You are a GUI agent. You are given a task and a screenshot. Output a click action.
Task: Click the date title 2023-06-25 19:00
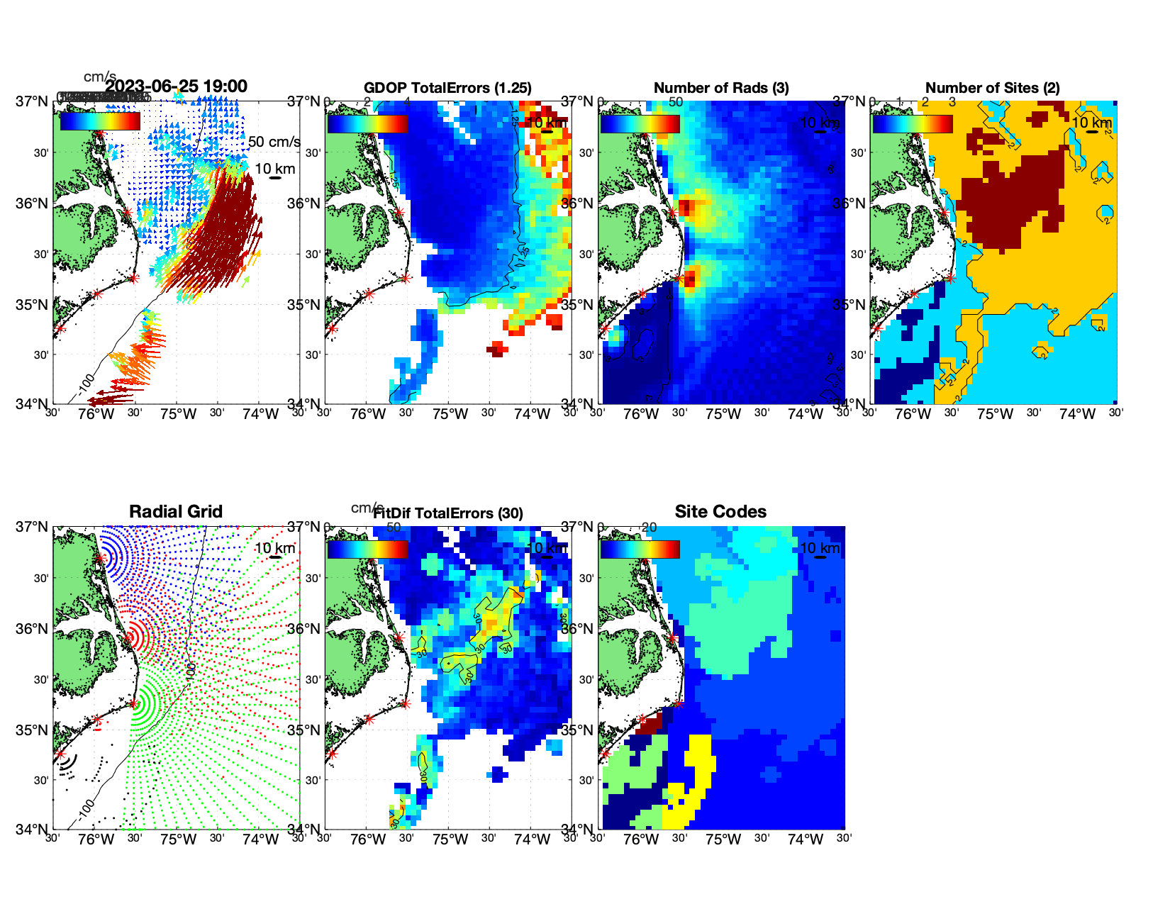tap(177, 87)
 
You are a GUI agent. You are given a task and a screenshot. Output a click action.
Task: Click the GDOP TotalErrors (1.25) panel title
tap(447, 88)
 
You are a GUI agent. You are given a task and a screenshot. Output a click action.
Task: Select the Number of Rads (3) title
tap(721, 88)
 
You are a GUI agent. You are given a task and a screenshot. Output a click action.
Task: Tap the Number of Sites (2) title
tap(993, 88)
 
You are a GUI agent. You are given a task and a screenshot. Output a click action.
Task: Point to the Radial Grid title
tap(176, 512)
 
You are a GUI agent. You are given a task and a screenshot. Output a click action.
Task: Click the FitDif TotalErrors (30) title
tap(448, 513)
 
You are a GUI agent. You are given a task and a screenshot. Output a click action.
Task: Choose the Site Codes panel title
tap(720, 512)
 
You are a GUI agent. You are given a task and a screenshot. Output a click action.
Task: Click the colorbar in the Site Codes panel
tap(640, 549)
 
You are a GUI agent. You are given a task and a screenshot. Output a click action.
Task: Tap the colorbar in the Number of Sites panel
tap(913, 123)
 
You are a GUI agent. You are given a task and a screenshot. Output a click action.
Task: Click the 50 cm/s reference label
tap(274, 142)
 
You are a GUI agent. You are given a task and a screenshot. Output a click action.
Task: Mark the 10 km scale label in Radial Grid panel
tap(275, 548)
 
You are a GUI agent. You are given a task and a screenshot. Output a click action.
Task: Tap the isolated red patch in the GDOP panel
tap(497, 348)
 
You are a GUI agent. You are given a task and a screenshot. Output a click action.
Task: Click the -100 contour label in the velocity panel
tap(86, 383)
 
